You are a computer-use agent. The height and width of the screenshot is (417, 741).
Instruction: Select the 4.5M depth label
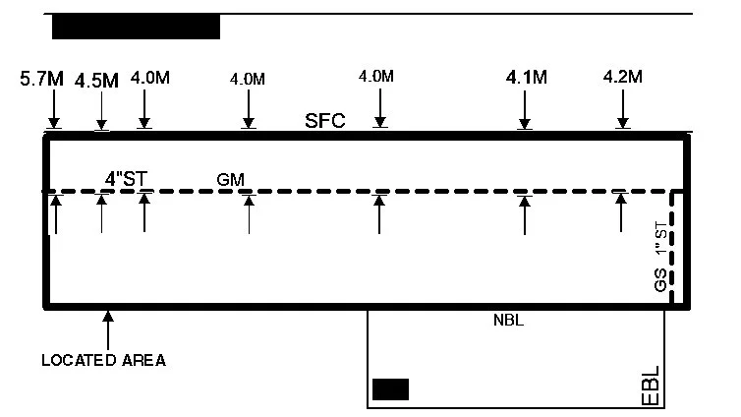(96, 81)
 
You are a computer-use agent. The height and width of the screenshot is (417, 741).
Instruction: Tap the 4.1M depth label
(525, 75)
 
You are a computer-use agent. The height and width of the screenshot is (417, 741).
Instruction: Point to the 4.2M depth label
(622, 76)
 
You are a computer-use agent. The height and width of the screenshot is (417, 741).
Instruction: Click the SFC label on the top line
(324, 122)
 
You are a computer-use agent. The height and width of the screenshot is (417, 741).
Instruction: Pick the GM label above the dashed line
(230, 179)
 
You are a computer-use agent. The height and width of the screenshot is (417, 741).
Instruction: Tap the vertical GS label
(660, 280)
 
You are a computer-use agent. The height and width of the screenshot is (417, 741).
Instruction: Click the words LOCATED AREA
(103, 361)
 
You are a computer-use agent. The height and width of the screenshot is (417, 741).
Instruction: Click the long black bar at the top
(136, 27)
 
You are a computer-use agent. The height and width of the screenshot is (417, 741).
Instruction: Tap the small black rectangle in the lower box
(390, 388)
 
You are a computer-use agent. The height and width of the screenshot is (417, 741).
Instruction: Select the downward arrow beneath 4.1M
(525, 110)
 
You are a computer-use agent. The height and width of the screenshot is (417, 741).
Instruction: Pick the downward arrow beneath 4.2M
(622, 110)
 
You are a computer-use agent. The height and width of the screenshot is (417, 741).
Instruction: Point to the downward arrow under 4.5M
(101, 110)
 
